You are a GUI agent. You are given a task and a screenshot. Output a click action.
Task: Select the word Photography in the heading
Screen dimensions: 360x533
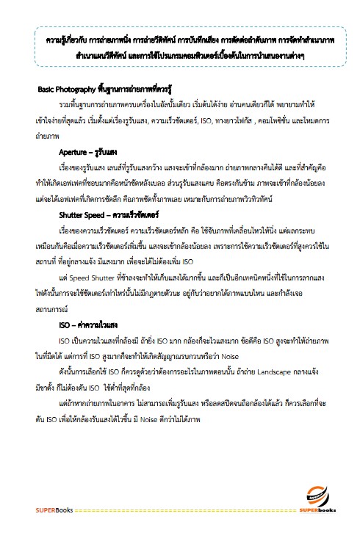(76, 89)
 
